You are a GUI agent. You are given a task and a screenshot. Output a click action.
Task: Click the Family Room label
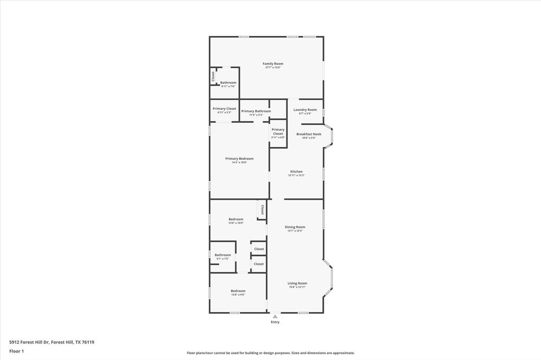pos(273,64)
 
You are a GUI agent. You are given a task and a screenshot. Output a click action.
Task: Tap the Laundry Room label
pos(305,110)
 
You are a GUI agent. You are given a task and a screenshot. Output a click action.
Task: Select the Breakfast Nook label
pos(309,134)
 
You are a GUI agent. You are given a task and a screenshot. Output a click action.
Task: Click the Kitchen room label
pos(296,172)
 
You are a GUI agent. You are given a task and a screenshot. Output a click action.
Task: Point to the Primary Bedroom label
pos(239,158)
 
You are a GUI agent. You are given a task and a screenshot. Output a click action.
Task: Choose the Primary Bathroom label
pos(256,111)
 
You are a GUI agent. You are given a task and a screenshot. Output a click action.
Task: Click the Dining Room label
pos(295,227)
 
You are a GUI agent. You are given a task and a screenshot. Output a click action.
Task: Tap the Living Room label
pos(297,283)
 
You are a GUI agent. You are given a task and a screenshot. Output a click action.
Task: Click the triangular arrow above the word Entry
pos(275,317)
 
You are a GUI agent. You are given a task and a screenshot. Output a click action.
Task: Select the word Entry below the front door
pos(275,322)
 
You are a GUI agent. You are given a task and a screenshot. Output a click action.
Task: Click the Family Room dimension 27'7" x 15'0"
pos(273,68)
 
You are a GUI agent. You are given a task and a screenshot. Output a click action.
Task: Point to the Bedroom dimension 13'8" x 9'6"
pos(238,295)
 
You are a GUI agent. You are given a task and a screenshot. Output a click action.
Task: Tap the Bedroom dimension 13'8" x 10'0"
pos(236,223)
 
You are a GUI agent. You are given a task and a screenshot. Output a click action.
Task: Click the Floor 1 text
pos(16,351)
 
